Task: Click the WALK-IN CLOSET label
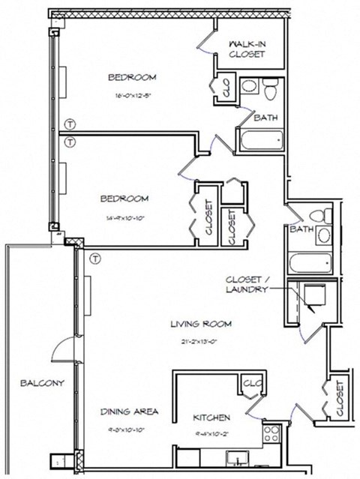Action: pyautogui.click(x=247, y=49)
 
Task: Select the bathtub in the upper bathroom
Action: pyautogui.click(x=260, y=139)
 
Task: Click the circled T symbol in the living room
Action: pyautogui.click(x=94, y=259)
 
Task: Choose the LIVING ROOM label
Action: pyautogui.click(x=200, y=324)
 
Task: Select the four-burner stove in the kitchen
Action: pyautogui.click(x=270, y=432)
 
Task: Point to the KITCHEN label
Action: pyautogui.click(x=211, y=418)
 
